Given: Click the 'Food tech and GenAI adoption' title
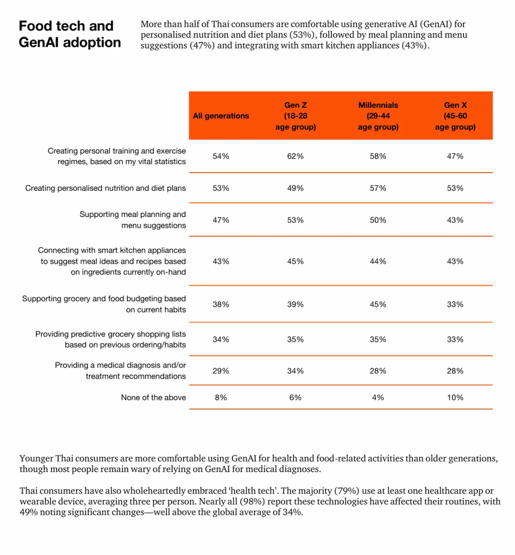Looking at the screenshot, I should coord(70,34).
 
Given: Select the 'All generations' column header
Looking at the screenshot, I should coord(221,116).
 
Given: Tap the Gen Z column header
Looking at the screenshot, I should coord(296,116).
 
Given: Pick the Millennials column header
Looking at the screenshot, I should coord(378,116).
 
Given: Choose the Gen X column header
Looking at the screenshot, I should coord(455,116).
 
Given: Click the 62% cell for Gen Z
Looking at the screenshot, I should coord(295,156).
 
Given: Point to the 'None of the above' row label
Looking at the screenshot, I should coord(153,398).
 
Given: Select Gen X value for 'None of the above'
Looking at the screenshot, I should coord(455,398).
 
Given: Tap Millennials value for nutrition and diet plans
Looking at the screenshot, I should coord(378,188).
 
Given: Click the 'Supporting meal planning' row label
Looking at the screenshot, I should coord(133,220).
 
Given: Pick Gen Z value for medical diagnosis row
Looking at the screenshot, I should coord(295,371).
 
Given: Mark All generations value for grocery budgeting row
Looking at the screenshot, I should coord(221,305).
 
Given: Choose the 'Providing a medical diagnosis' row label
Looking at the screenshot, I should coord(120,370).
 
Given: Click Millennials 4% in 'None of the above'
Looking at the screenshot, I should coord(378,398).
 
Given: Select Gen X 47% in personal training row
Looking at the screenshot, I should coord(455,156).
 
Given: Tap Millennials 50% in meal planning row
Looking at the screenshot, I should coord(378,220).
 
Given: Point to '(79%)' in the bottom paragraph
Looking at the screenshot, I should coord(347,491).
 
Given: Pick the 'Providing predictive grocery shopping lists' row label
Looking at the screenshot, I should coord(111,339).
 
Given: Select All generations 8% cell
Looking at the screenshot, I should coord(221,398).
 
